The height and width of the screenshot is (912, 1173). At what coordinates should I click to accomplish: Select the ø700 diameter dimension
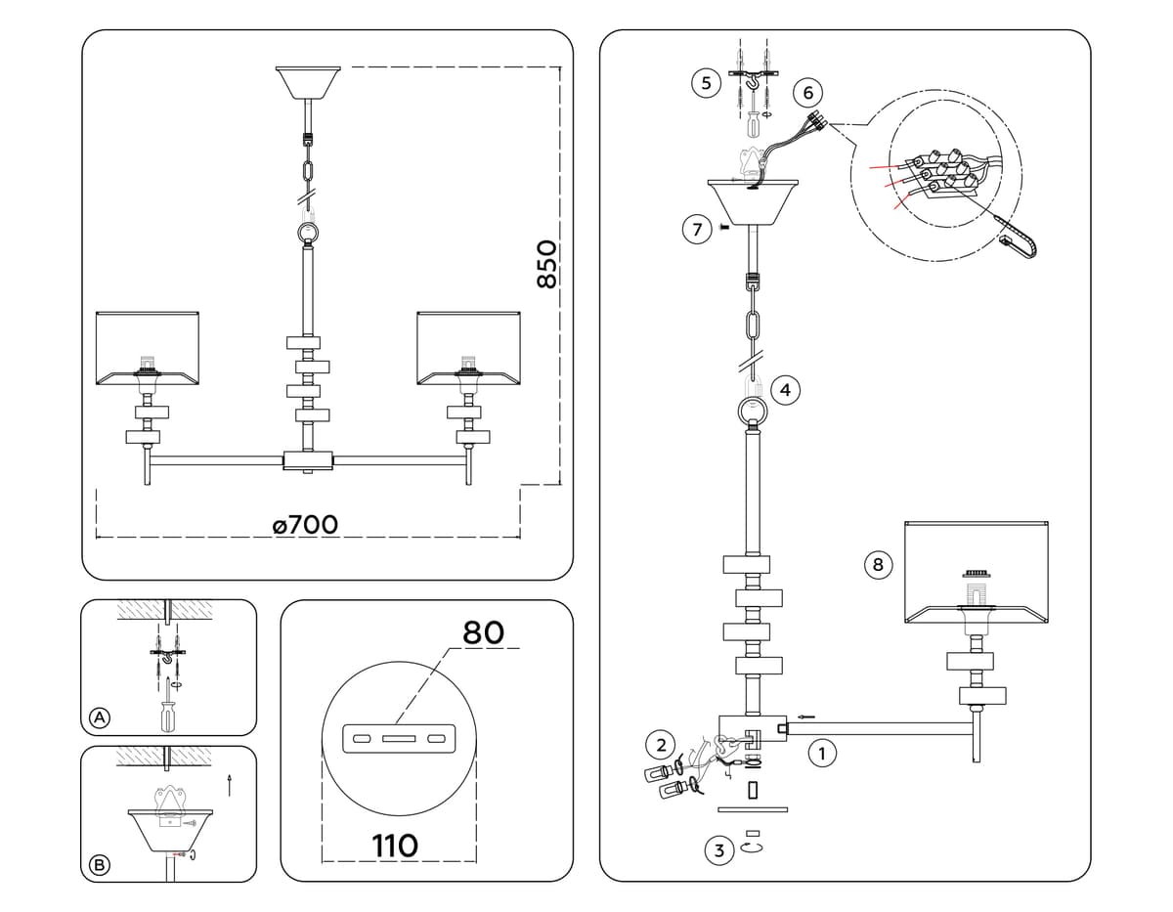(305, 525)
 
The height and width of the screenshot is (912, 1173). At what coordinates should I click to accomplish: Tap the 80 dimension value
(483, 632)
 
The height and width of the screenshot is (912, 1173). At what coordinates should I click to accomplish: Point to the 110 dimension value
(395, 845)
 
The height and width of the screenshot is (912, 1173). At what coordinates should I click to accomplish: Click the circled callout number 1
(822, 754)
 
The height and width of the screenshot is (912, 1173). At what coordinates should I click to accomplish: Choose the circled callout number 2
(660, 745)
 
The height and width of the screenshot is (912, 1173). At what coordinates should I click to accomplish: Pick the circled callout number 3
(719, 850)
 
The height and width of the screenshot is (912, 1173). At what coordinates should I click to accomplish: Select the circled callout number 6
(807, 93)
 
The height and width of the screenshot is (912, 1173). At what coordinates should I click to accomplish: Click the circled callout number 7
(696, 230)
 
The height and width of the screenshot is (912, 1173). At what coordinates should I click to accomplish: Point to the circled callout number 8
(877, 564)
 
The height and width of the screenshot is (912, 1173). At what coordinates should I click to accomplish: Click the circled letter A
(99, 718)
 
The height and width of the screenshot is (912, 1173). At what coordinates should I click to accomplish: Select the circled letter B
(99, 864)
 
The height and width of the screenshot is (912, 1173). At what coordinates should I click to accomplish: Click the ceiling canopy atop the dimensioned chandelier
(308, 82)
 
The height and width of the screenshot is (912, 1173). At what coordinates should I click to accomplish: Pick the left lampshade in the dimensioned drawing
(148, 347)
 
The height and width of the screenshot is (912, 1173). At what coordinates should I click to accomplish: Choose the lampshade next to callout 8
(977, 571)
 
